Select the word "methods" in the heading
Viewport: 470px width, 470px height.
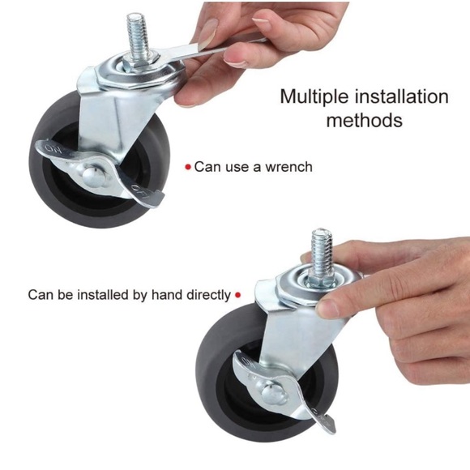[364, 121]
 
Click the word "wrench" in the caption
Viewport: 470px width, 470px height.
[285, 167]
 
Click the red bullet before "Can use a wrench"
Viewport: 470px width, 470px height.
[188, 167]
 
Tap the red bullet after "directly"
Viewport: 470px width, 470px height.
[237, 295]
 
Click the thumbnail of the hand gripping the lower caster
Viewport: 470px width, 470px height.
[328, 308]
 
